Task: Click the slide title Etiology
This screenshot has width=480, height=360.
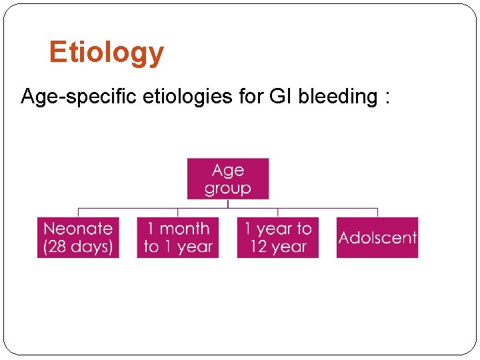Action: click(106, 53)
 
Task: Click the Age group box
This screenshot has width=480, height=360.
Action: click(227, 179)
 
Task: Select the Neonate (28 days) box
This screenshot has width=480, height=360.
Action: click(78, 238)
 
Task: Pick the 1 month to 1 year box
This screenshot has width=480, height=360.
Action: click(177, 238)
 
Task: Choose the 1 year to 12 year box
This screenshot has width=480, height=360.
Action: click(277, 238)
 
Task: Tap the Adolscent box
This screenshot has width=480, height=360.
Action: click(377, 238)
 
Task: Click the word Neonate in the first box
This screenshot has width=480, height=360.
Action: click(78, 229)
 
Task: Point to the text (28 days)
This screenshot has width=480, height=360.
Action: click(78, 247)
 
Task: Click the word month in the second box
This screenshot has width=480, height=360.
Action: click(185, 229)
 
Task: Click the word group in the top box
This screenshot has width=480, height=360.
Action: click(227, 189)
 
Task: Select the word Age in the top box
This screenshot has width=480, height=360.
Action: click(227, 171)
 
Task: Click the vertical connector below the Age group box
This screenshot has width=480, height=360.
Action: click(228, 204)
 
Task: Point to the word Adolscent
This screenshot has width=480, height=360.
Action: click(377, 238)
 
